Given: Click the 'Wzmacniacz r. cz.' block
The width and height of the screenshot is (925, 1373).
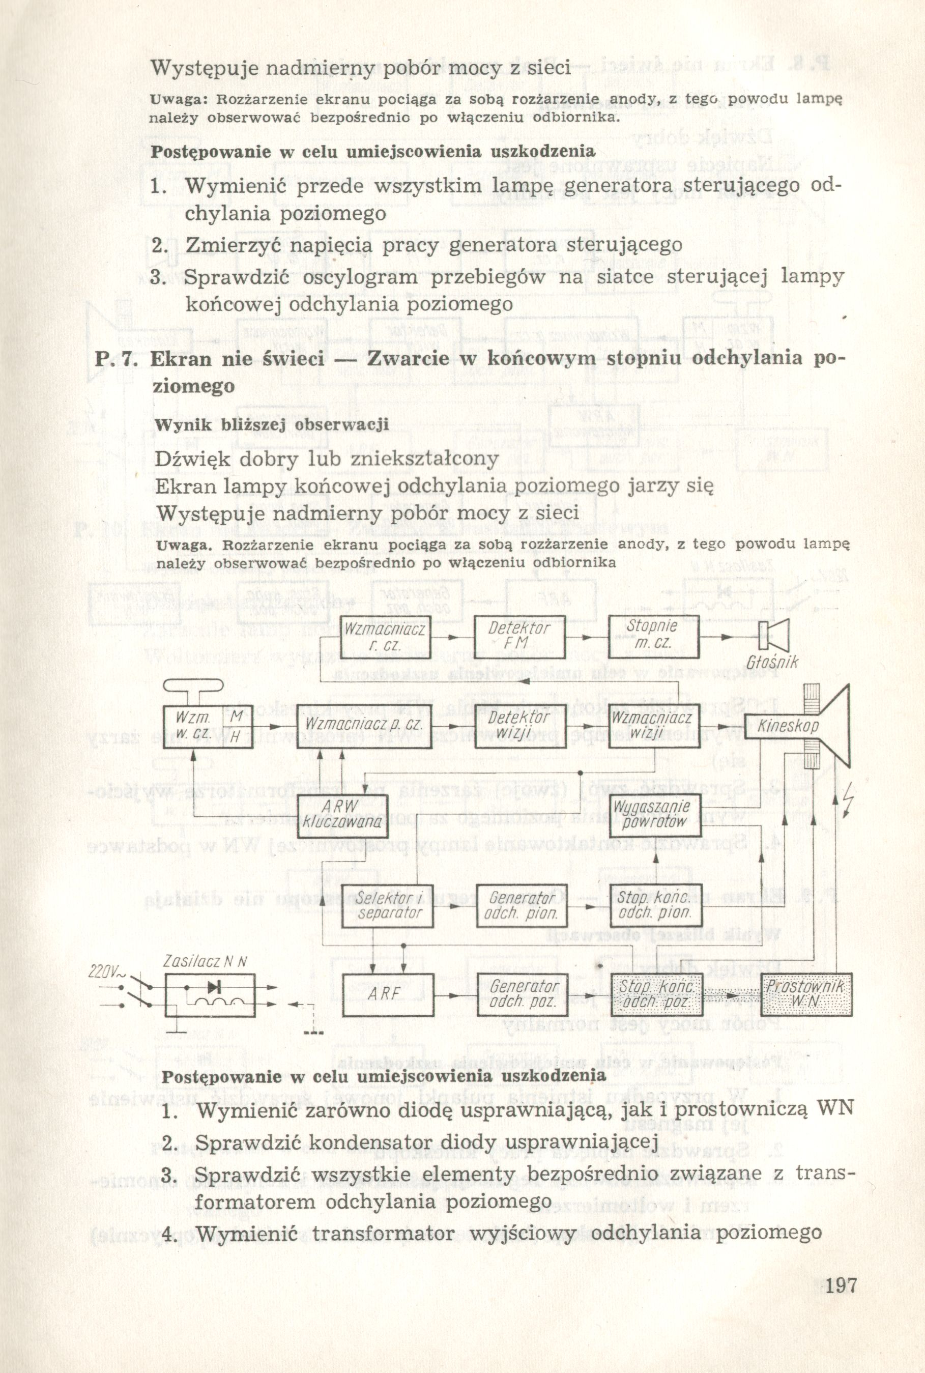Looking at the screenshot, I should pos(385,637).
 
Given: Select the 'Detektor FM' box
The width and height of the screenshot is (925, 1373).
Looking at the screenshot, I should pos(519,637).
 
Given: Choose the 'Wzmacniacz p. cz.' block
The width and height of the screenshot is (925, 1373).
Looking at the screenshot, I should pos(364,725).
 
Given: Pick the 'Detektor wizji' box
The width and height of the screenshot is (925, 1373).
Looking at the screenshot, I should pos(519,726).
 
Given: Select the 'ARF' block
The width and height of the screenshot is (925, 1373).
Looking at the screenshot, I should pos(387,995).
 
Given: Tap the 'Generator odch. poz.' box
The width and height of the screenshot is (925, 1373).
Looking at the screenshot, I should pos(522,995).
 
